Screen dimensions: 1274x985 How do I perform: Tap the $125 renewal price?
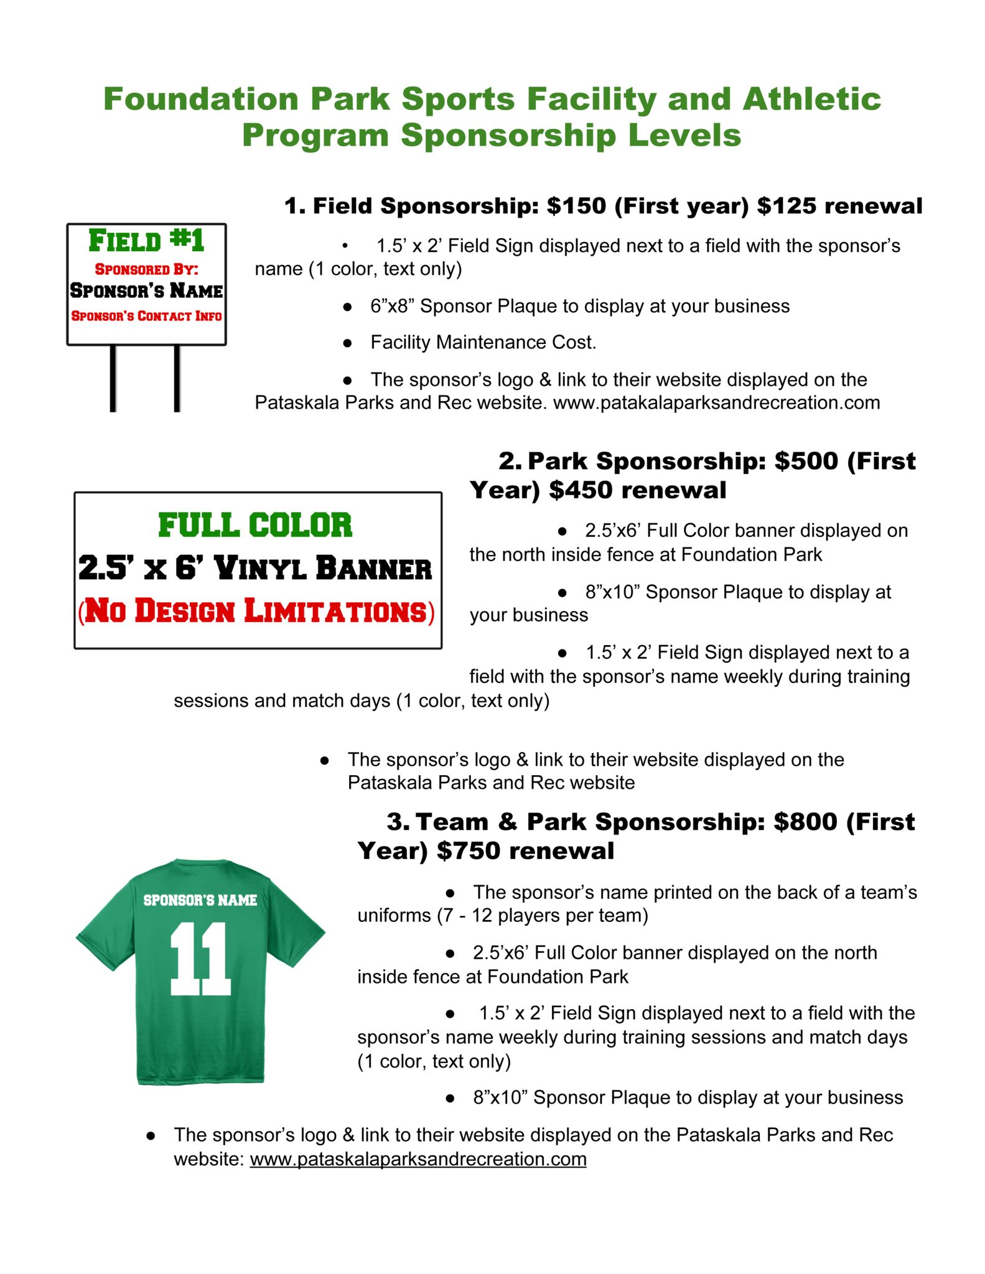tap(787, 206)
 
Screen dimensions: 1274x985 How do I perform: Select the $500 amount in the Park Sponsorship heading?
tap(806, 461)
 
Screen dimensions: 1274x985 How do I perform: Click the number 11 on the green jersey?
tap(200, 959)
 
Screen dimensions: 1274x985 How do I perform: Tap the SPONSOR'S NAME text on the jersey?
tap(200, 900)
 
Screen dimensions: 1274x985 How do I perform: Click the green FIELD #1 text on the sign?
tap(146, 241)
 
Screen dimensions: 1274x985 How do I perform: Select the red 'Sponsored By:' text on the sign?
tap(146, 269)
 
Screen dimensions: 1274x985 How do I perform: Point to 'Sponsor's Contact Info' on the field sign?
tap(146, 316)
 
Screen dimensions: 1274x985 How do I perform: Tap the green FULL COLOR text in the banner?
tap(255, 525)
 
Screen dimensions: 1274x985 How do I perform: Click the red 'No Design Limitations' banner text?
tap(256, 611)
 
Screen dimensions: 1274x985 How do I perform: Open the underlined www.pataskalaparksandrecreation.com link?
tap(418, 1159)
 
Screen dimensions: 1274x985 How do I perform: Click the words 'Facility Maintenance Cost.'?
tap(483, 342)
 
